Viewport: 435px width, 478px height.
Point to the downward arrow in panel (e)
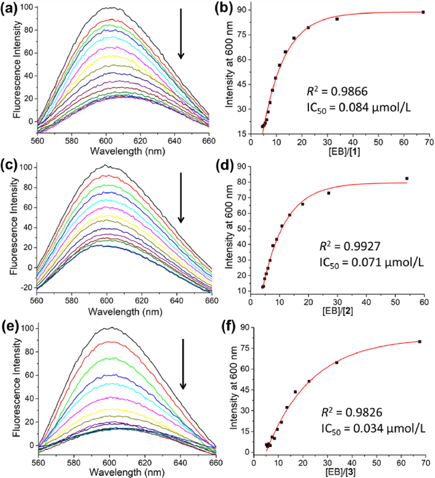pyautogui.click(x=183, y=364)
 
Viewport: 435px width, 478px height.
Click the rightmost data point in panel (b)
pyautogui.click(x=423, y=12)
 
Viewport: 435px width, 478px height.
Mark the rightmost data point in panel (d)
pyautogui.click(x=407, y=179)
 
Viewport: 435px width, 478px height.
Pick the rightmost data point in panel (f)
pyautogui.click(x=419, y=341)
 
